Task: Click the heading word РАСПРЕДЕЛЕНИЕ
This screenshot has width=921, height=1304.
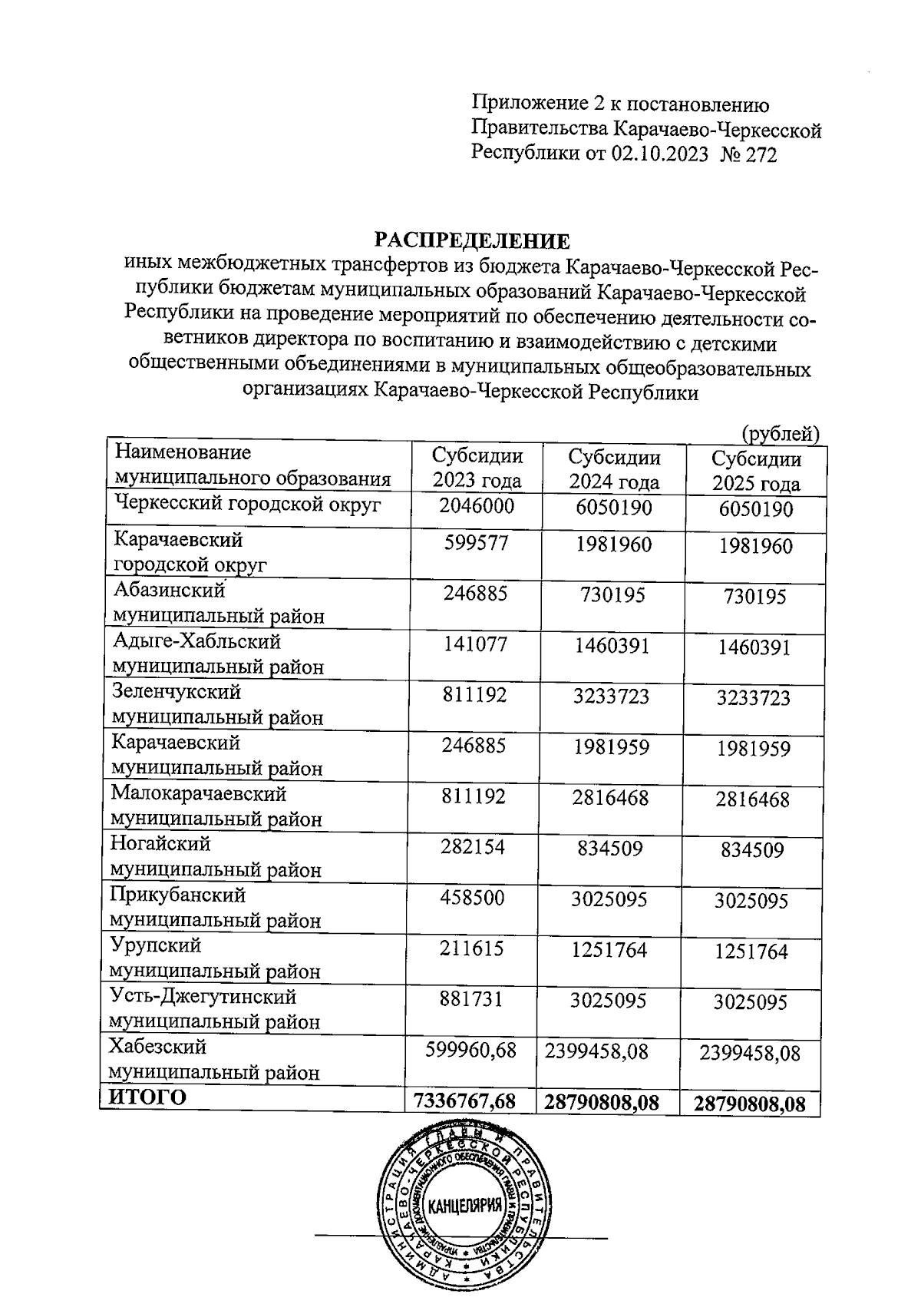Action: tap(472, 241)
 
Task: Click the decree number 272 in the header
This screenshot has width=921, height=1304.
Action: tap(761, 156)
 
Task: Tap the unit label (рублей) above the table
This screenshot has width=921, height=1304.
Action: tap(781, 434)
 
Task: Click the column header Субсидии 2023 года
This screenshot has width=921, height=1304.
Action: tap(477, 468)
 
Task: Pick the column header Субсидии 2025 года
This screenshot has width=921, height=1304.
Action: tap(756, 472)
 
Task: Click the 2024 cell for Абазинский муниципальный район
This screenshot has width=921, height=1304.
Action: tap(612, 595)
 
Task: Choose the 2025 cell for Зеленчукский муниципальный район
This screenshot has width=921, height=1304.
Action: tap(755, 698)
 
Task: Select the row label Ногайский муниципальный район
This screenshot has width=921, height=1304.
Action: tap(215, 857)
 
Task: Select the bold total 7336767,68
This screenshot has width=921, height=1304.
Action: tap(464, 1101)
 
